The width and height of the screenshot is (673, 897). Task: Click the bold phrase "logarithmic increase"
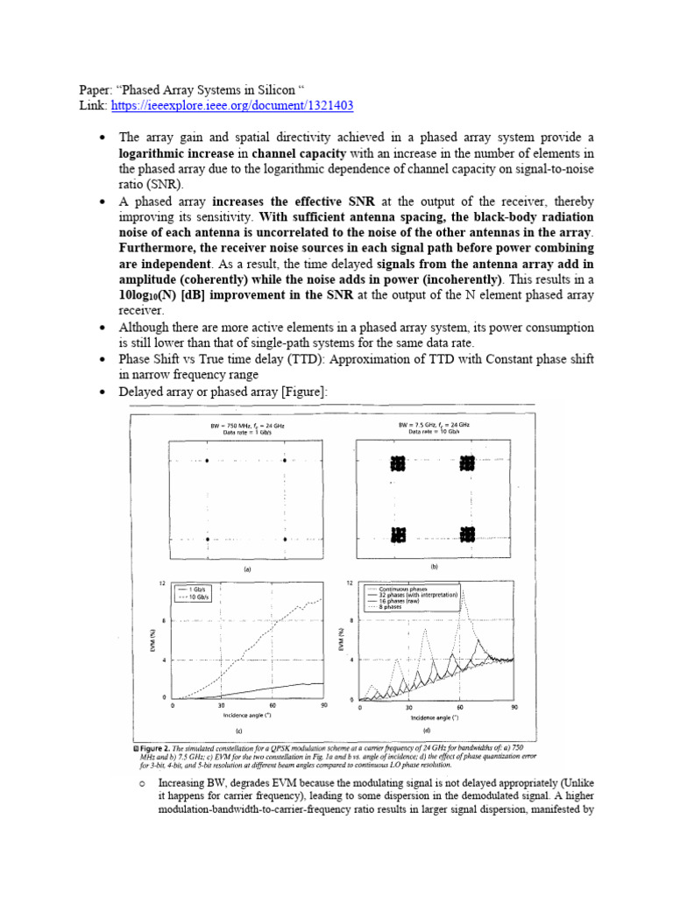point(173,155)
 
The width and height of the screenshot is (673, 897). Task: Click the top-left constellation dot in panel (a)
point(207,462)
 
